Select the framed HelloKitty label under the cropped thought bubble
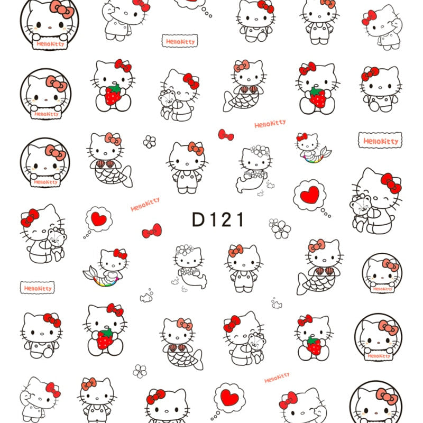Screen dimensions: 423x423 pyautogui.click(x=180, y=41)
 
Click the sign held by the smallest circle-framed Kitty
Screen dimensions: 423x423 pyautogui.click(x=381, y=289)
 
